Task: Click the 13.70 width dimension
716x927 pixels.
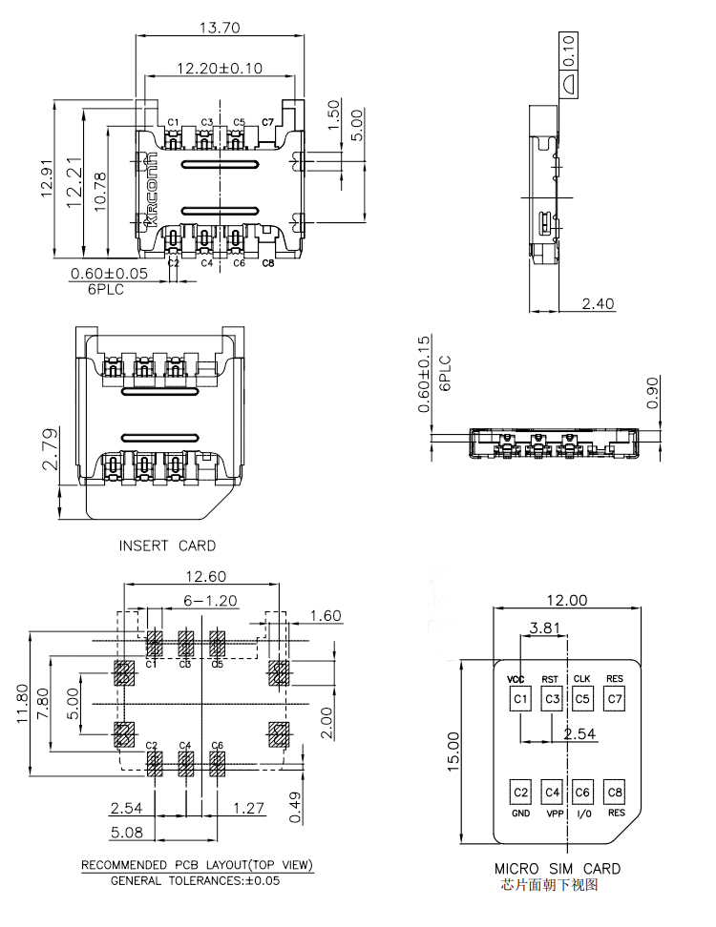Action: [218, 28]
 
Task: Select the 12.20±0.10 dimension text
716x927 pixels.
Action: [220, 69]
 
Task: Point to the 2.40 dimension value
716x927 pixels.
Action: [599, 304]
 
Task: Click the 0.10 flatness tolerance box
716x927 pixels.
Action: [569, 47]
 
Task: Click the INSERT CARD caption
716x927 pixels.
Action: [167, 546]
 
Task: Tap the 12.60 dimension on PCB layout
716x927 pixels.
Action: [205, 576]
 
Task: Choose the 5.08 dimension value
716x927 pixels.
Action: [127, 833]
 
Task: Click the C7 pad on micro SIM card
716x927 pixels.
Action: [615, 700]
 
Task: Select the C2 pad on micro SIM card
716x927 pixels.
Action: [520, 793]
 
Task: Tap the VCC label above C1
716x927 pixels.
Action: [516, 679]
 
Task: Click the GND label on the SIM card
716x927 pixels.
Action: [520, 814]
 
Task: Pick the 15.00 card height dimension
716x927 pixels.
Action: [453, 750]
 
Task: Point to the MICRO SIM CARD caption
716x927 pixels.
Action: [557, 869]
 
